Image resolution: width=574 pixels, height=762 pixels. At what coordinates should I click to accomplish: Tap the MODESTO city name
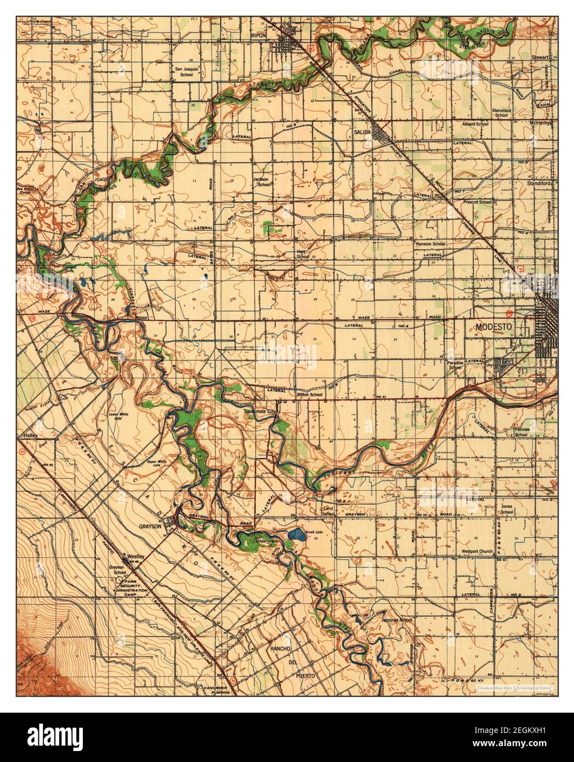[x=493, y=326]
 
